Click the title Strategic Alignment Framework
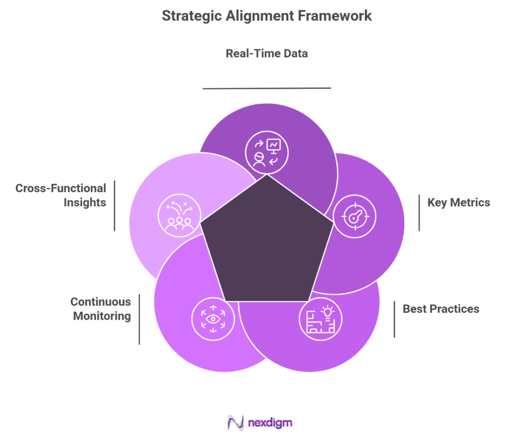click(267, 15)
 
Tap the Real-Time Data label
click(267, 54)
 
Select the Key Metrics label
click(458, 202)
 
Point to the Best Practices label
click(441, 309)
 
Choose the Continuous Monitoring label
click(101, 309)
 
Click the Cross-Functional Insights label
click(61, 195)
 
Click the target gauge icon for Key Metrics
click(355, 217)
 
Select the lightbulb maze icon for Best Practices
click(321, 319)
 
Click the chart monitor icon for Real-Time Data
click(267, 152)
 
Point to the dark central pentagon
click(267, 244)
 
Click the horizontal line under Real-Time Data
click(267, 88)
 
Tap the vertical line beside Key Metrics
click(419, 213)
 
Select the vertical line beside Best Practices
click(394, 319)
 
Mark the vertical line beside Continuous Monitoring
click(139, 319)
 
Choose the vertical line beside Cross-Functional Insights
click(115, 206)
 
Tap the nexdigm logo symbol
click(235, 422)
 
